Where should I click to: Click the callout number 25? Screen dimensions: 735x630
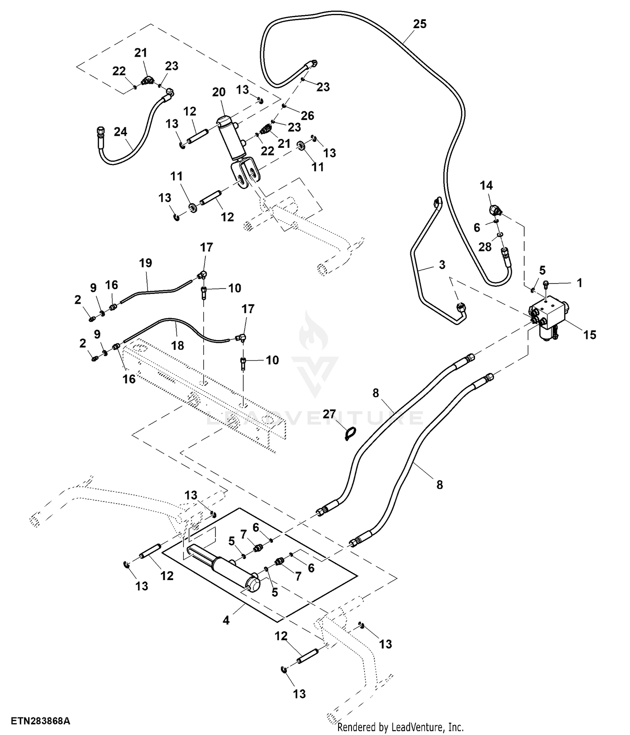(x=420, y=24)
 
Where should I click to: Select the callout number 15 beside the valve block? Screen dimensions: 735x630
(x=590, y=334)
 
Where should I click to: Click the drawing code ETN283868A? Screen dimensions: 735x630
(x=40, y=721)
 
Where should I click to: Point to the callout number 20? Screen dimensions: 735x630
(x=219, y=92)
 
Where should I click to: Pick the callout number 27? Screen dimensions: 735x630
(x=330, y=414)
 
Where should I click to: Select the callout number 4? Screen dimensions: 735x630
(x=226, y=620)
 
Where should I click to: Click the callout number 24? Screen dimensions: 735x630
(x=121, y=132)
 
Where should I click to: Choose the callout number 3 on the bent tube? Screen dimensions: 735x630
(x=442, y=265)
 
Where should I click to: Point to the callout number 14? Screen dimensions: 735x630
(x=486, y=185)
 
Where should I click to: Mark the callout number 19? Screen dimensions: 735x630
(x=145, y=263)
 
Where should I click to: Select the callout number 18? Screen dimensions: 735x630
(x=178, y=345)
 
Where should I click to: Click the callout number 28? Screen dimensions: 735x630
(x=485, y=247)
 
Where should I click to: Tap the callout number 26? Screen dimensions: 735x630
(x=308, y=115)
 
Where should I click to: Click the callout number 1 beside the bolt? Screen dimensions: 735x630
(x=580, y=283)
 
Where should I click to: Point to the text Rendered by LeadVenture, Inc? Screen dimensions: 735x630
(x=400, y=727)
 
